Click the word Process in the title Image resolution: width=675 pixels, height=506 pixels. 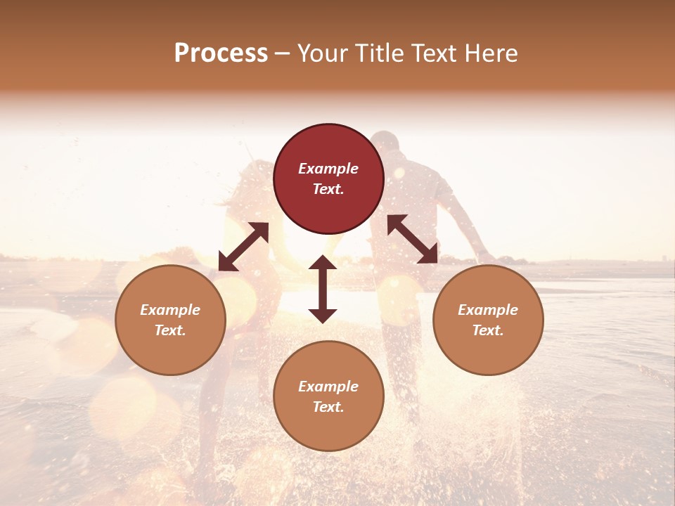(x=221, y=53)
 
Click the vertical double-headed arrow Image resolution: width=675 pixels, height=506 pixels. (x=323, y=289)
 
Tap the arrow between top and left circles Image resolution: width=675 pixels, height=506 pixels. (x=243, y=247)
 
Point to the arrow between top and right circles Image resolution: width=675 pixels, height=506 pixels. (x=413, y=239)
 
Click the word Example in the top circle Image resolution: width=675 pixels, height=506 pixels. (x=328, y=169)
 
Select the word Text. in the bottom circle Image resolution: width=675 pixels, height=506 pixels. (x=328, y=407)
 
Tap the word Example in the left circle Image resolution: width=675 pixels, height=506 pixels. (x=170, y=310)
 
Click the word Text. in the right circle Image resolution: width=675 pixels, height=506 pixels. (x=488, y=330)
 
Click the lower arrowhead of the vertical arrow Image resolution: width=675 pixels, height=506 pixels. (x=323, y=316)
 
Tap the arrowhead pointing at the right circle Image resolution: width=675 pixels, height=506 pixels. (x=428, y=254)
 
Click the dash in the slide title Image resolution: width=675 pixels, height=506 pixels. (x=283, y=54)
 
